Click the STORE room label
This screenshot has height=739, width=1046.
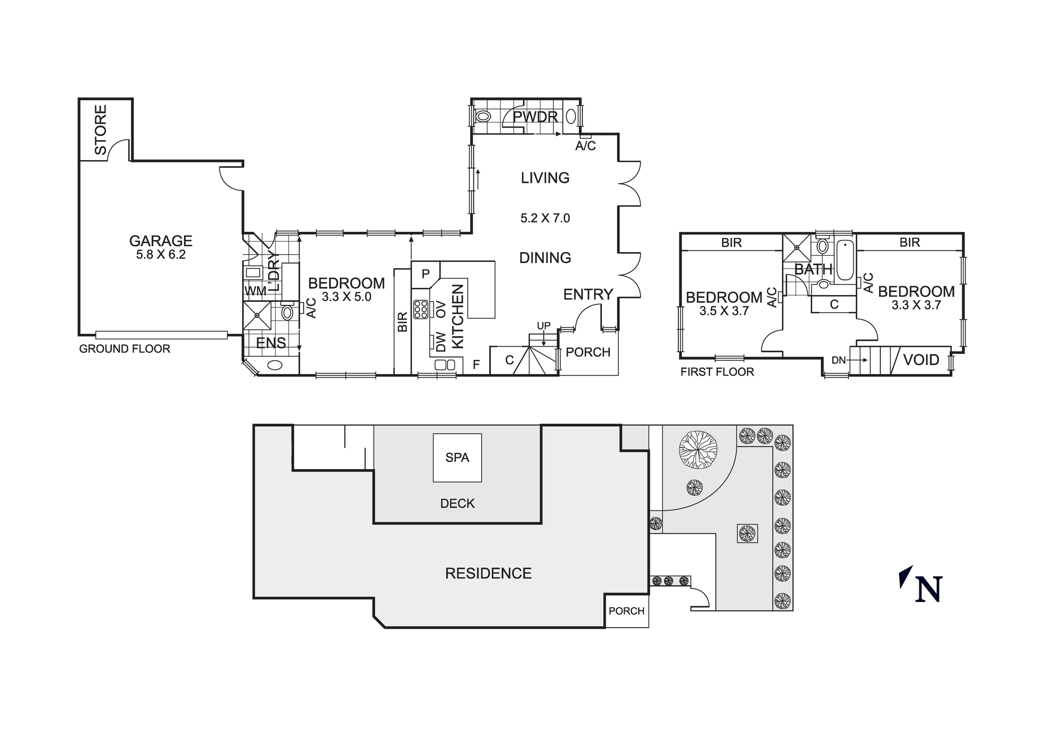click(x=100, y=130)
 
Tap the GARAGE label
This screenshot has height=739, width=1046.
click(x=161, y=241)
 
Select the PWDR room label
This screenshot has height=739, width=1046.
click(x=535, y=117)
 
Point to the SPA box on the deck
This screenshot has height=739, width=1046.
click(x=457, y=458)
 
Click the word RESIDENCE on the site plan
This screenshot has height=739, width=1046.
click(x=488, y=573)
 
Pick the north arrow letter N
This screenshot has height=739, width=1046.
click(x=929, y=589)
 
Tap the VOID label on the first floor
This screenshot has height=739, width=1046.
click(x=921, y=360)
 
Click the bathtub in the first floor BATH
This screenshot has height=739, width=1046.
click(x=845, y=260)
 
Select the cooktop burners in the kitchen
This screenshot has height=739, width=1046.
click(x=420, y=309)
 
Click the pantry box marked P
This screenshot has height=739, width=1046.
click(x=425, y=274)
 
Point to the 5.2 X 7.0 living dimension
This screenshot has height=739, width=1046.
click(x=545, y=218)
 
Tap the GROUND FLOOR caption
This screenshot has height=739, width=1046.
click(x=124, y=349)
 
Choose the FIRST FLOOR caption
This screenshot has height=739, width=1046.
click(x=717, y=372)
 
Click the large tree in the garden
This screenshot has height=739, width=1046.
click(x=698, y=449)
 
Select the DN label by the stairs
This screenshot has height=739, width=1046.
click(x=838, y=360)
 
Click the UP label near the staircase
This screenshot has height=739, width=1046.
click(x=543, y=326)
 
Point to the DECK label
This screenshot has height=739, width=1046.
click(x=457, y=504)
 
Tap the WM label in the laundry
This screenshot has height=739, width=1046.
click(x=255, y=291)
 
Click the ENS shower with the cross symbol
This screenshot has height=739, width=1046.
click(x=257, y=315)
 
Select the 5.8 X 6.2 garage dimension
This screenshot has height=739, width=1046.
click(x=161, y=255)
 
